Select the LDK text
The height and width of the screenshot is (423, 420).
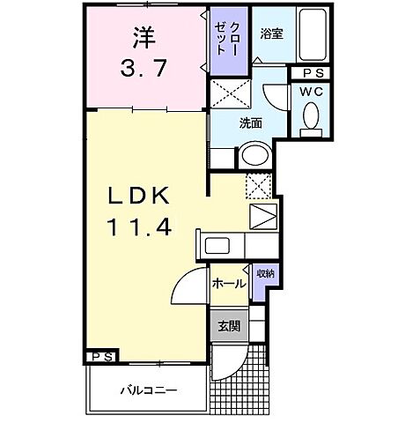[144, 196]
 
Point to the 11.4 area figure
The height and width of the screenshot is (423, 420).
[141, 226]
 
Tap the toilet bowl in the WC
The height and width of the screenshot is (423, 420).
[310, 116]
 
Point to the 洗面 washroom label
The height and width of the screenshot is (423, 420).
[251, 123]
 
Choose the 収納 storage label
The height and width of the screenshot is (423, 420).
[263, 275]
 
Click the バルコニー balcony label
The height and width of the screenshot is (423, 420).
[148, 389]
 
